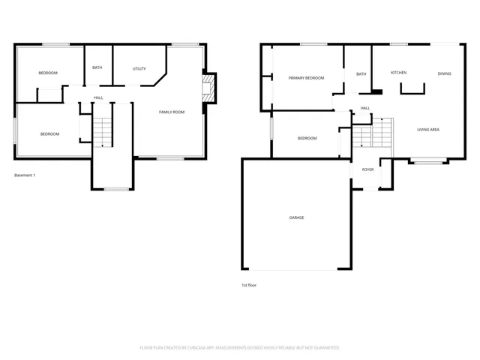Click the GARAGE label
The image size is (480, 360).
296,217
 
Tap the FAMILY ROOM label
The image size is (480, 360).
171,112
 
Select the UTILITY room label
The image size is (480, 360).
139,68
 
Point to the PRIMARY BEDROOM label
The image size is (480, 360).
306,78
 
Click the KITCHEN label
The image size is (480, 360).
398,72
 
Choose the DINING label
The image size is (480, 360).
444,73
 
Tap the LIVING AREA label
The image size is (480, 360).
428,130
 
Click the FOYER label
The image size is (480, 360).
367,169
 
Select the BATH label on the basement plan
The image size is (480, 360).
97,67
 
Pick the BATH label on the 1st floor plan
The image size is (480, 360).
361,74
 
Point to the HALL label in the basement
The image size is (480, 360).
98,97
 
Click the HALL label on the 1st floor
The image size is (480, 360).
365,108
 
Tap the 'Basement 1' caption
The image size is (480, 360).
25,175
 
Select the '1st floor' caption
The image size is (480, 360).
249,285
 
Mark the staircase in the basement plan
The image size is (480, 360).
101,133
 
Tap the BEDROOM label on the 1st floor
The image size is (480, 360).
307,138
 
